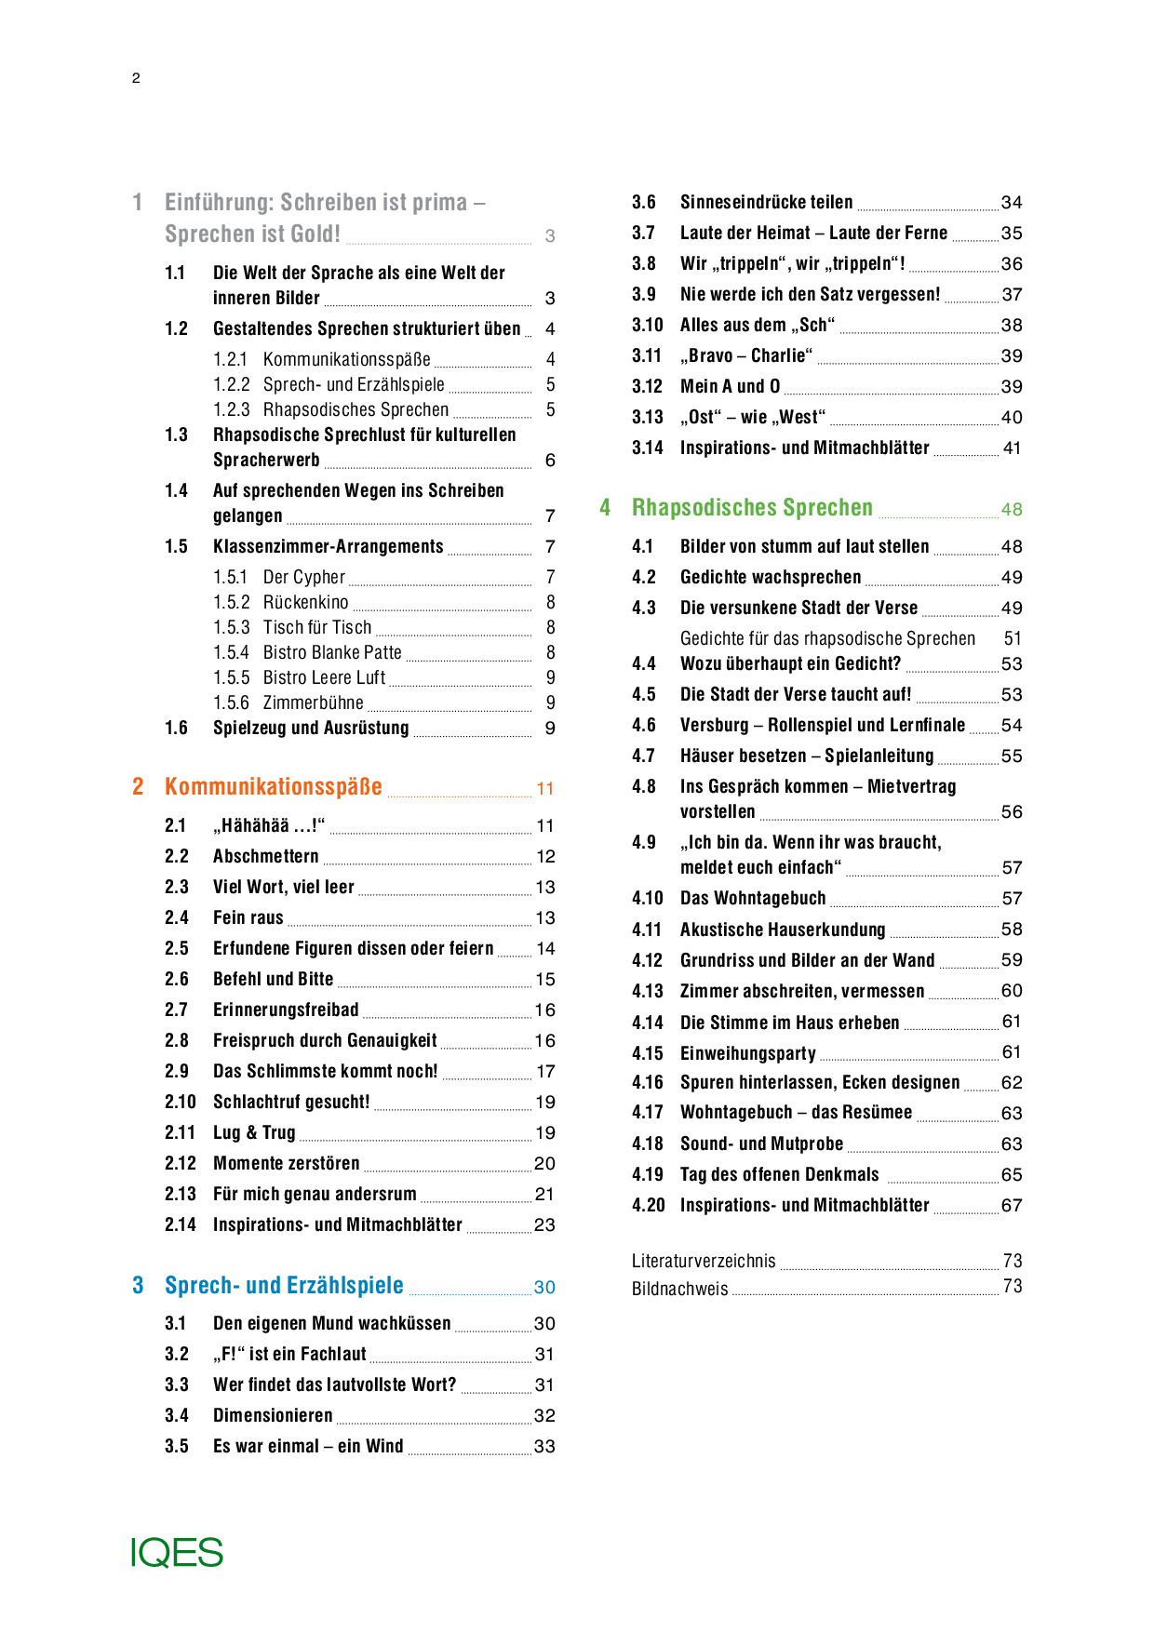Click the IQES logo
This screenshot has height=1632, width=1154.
pos(177,1552)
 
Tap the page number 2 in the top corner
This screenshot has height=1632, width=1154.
pos(136,78)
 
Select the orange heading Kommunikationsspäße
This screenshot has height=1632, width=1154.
pos(273,787)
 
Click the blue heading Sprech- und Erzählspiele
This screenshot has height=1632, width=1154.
pos(284,1286)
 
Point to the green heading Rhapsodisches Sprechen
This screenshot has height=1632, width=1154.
pos(752,508)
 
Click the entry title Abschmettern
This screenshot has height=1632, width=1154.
pos(265,856)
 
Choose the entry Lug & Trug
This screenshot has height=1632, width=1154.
pos(254,1132)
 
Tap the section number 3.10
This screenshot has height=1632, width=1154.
pos(647,325)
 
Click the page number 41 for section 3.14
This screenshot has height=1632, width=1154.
pos(1012,448)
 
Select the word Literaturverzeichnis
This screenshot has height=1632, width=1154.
pos(703,1261)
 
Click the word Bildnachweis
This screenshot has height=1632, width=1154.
pos(679,1289)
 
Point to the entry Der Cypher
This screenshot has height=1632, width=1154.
pos(303,577)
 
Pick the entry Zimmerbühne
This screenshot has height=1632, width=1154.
pos(313,702)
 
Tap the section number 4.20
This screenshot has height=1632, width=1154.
pos(648,1205)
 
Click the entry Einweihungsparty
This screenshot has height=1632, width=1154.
pos(747,1053)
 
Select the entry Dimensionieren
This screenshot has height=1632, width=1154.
pos(273,1415)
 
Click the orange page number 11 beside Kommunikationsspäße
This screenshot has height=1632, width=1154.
pos(545,789)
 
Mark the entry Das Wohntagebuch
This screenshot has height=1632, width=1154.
pos(752,898)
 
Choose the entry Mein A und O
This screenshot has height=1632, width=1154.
pos(730,386)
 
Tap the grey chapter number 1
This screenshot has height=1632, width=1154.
pos(138,203)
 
